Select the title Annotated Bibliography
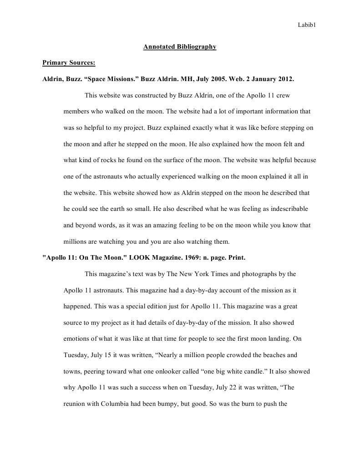(180, 46)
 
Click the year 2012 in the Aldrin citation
(286, 78)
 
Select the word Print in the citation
(235, 258)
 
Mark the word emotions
(78, 339)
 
